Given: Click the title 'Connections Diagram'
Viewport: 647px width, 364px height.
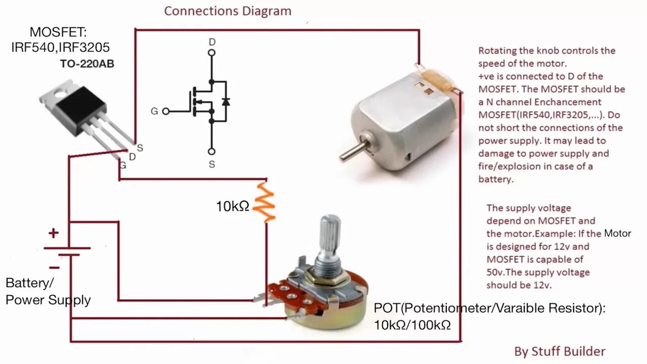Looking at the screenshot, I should tap(227, 11).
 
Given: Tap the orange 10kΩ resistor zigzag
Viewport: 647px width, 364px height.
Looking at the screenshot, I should tap(264, 202).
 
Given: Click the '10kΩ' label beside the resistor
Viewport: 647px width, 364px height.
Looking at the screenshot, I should tap(233, 206).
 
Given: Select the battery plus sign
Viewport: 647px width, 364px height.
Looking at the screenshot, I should tap(53, 233).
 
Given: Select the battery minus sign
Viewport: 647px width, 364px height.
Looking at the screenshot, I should tap(54, 267).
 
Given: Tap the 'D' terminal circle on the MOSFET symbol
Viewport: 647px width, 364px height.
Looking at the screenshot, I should tap(212, 52).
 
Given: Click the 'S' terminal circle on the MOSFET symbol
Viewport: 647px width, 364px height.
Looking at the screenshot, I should tap(212, 151).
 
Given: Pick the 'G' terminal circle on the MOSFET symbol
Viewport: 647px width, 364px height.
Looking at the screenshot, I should tap(165, 111).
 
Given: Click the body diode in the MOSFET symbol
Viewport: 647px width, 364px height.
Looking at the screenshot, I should tap(225, 102).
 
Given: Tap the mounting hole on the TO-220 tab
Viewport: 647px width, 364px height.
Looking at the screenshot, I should tap(60, 93).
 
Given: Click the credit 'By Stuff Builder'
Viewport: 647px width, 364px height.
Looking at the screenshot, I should tap(560, 351).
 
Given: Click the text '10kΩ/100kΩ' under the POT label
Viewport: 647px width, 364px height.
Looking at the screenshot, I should tap(412, 325).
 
